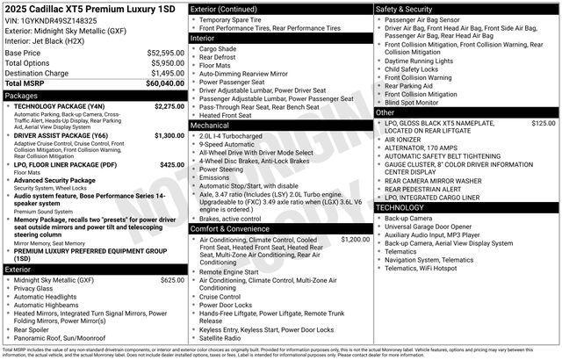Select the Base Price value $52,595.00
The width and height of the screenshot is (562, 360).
coord(165,53)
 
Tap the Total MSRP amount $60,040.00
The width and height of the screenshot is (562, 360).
coord(165,83)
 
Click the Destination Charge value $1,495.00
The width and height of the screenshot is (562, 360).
coord(165,73)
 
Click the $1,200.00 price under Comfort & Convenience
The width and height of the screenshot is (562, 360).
coord(356,239)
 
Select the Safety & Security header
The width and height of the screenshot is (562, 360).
coord(405,9)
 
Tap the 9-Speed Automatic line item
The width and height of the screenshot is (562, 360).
coord(229,145)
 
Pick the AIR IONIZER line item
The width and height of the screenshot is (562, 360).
coord(403,140)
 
